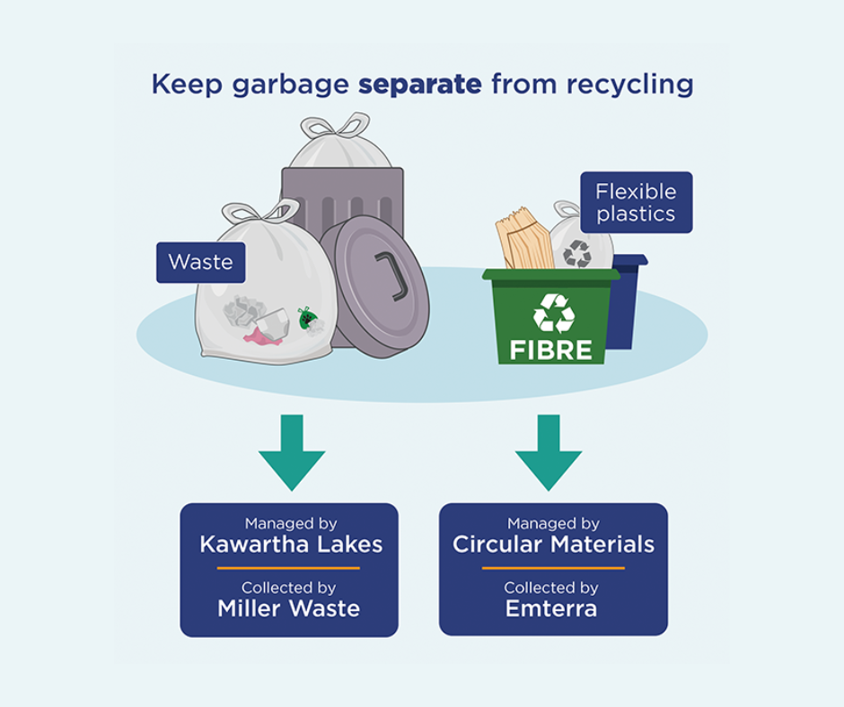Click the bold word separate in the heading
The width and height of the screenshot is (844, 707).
click(x=420, y=84)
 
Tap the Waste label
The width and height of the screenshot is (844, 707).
click(x=200, y=262)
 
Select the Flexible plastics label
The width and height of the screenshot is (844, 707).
click(x=636, y=202)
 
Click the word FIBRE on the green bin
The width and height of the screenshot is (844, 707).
click(x=551, y=349)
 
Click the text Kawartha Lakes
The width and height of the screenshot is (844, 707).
click(x=291, y=544)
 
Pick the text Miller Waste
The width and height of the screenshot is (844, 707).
click(x=288, y=608)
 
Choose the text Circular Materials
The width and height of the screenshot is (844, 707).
click(x=553, y=544)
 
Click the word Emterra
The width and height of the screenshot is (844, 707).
click(x=551, y=608)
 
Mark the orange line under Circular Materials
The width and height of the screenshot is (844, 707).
click(x=553, y=568)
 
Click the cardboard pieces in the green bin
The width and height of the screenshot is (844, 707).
click(x=523, y=240)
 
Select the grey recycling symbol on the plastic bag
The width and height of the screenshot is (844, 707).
click(x=577, y=253)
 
